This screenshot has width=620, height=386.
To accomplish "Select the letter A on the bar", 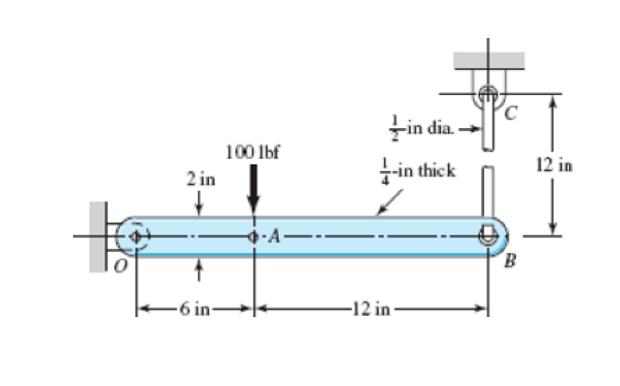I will point(274,237).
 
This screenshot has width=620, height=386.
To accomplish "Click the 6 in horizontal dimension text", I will point(194,310).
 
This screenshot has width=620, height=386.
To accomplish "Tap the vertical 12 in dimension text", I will point(555,165).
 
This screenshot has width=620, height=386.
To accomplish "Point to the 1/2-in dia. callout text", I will point(429,128).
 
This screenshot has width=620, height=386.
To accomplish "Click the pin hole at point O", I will point(137,237).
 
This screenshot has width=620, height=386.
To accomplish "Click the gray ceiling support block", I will point(489,60).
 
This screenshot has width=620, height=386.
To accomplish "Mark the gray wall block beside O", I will point(99,237).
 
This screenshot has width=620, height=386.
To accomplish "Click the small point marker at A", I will point(254,237).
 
